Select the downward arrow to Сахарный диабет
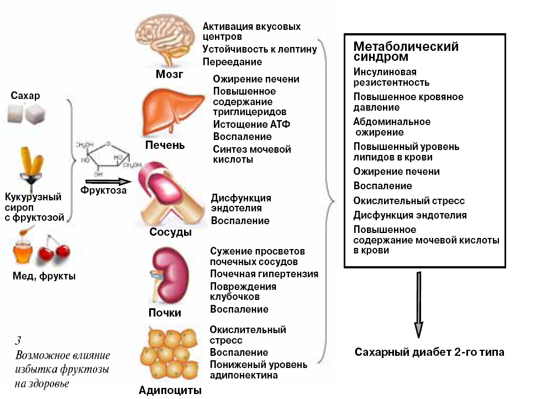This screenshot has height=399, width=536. click(419, 307)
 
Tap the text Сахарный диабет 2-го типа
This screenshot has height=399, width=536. click(429, 352)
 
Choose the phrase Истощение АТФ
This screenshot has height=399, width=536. click(251, 124)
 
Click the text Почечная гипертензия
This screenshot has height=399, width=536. click(264, 273)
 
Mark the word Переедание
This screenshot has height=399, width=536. click(232, 62)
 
